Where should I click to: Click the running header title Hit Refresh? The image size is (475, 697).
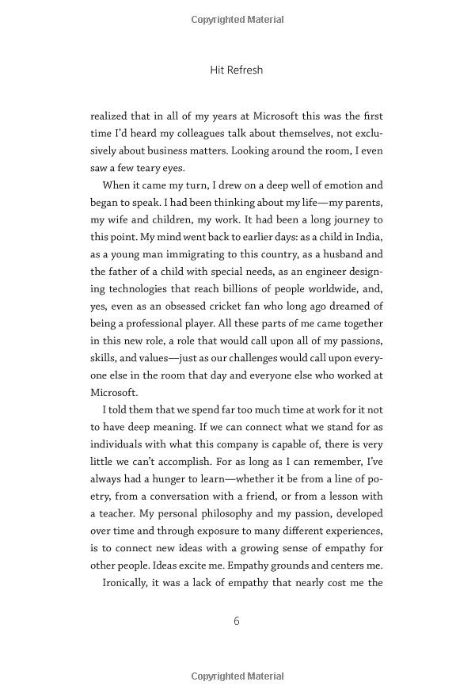[237, 70]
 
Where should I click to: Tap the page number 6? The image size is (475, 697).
[237, 621]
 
